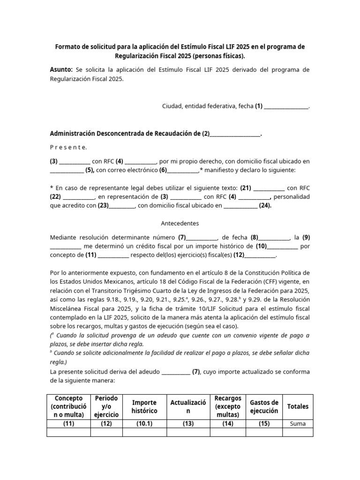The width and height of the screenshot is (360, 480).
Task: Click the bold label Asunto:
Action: (x=61, y=70)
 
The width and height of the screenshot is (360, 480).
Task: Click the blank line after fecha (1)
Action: (x=286, y=106)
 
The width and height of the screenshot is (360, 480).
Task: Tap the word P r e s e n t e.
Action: (x=68, y=147)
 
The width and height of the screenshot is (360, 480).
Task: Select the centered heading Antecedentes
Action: (x=180, y=223)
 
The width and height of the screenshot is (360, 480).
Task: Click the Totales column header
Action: (x=298, y=406)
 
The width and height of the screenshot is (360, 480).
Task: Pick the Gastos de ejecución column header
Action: (x=264, y=406)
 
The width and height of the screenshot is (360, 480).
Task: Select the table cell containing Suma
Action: (x=298, y=424)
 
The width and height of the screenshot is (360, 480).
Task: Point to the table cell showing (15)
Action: (x=264, y=424)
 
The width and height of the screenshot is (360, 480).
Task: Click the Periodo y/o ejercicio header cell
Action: (x=106, y=406)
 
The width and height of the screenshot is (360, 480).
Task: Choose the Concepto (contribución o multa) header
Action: (x=69, y=406)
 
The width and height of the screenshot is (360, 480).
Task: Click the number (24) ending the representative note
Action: (x=265, y=205)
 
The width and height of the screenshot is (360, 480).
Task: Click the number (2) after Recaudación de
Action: (x=206, y=134)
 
